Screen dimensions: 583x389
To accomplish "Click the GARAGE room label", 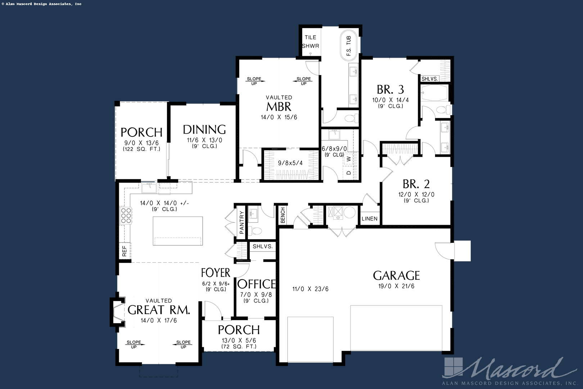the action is point(396,276).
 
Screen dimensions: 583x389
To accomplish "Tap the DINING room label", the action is point(204,130).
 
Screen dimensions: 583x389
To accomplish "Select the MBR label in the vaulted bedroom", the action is point(279,107).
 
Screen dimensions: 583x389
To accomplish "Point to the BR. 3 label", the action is point(390,90).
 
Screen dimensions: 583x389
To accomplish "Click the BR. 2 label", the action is point(416,184).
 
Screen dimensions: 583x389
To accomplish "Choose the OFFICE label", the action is point(257,284).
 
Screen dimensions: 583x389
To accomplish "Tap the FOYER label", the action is point(216,273).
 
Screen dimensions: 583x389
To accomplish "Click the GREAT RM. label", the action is point(159,310).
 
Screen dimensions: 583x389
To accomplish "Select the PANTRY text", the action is point(241,222).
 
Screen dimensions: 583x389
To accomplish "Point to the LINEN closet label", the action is point(369,219).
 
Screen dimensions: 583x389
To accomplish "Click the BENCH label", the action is point(283,215).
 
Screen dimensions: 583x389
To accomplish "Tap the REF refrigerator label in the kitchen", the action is point(125,251).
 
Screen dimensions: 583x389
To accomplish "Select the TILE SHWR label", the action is point(310,42).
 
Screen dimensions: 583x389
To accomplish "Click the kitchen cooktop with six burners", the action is point(126,215).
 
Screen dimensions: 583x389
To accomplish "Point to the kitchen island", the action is point(178,231).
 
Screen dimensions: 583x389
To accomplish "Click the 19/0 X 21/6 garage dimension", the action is point(396,286).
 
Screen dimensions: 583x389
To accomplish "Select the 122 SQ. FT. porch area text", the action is point(141,149).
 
